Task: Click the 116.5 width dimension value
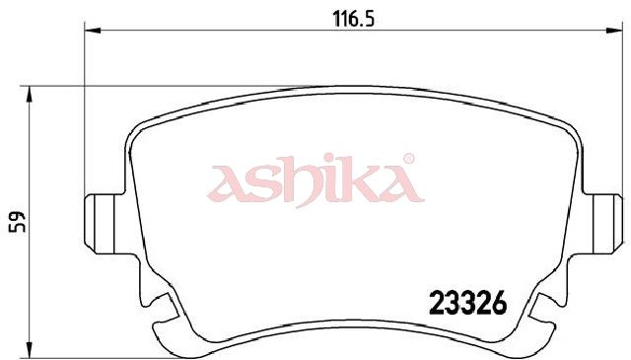tap(354, 19)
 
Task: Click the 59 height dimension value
tap(17, 222)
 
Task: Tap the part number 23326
tap(468, 303)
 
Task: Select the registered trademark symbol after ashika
tap(408, 159)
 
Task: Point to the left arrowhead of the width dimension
tap(93, 31)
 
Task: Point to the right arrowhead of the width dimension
tap(614, 31)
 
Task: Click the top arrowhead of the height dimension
tap(29, 95)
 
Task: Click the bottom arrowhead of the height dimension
tap(29, 349)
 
